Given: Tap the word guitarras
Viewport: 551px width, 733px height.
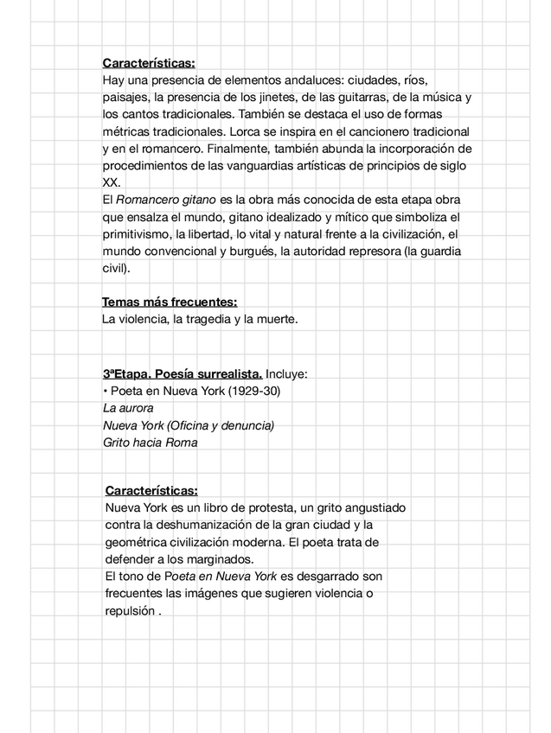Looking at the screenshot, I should pyautogui.click(x=354, y=98).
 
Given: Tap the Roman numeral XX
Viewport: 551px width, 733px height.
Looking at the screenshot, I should pyautogui.click(x=112, y=182).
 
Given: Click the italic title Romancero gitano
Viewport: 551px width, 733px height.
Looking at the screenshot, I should pyautogui.click(x=166, y=200).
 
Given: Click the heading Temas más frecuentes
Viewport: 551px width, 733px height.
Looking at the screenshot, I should pyautogui.click(x=170, y=302).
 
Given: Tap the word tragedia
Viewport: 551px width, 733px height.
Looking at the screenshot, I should pyautogui.click(x=201, y=319).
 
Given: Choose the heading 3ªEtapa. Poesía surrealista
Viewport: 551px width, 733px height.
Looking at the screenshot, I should pyautogui.click(x=183, y=373).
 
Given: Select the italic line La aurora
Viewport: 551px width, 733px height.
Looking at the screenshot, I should pyautogui.click(x=128, y=408).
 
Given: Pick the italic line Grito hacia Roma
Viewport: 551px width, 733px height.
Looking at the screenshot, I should pyautogui.click(x=150, y=443).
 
